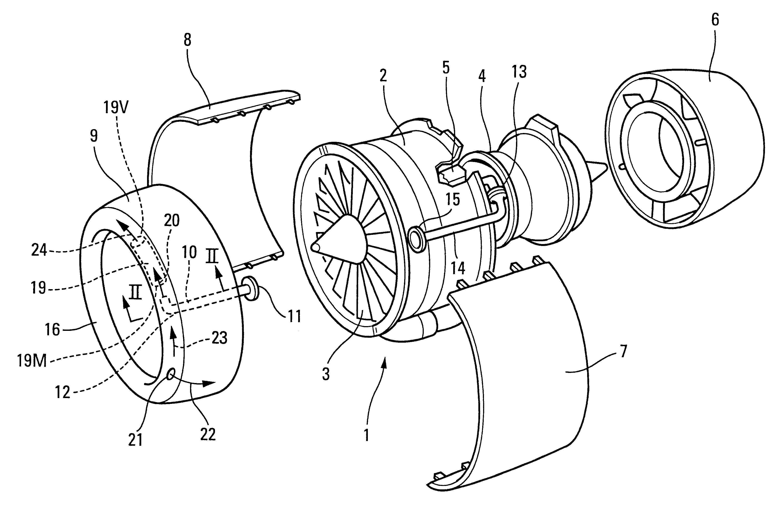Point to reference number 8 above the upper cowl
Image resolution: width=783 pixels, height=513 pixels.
(187, 40)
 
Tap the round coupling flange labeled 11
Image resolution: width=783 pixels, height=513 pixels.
(251, 289)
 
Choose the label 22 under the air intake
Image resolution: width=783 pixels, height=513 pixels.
(208, 434)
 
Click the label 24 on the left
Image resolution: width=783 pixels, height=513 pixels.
(39, 251)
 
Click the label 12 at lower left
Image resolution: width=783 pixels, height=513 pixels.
(63, 392)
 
